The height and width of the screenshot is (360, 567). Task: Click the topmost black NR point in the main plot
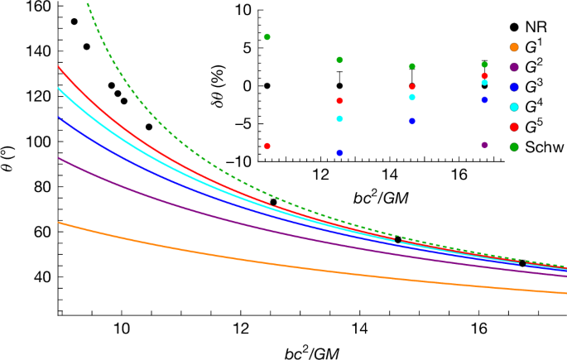74,22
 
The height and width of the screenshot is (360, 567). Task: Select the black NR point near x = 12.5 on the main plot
274,202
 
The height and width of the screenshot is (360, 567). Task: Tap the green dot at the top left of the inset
267,37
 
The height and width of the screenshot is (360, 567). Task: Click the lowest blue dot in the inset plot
339,153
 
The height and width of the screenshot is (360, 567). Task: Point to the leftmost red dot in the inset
267,146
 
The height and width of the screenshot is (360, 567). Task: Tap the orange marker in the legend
514,47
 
